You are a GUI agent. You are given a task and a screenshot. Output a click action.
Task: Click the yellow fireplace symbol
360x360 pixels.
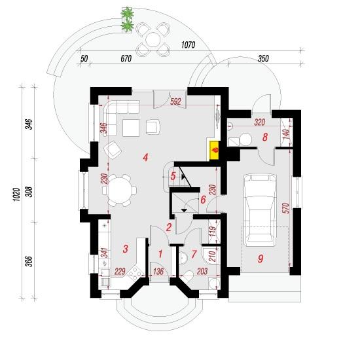pyautogui.click(x=215, y=151)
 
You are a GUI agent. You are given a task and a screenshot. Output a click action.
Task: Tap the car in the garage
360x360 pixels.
pyautogui.click(x=260, y=210)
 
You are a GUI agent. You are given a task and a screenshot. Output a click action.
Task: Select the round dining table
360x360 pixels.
pyautogui.click(x=120, y=190)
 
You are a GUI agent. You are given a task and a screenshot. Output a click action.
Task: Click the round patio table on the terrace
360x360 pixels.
pyautogui.click(x=153, y=39)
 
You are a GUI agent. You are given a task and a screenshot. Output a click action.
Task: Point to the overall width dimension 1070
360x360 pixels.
pyautogui.click(x=189, y=45)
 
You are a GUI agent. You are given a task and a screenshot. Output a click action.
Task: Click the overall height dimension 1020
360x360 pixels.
pyautogui.click(x=16, y=194)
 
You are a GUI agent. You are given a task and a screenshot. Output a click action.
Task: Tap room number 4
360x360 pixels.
pyautogui.click(x=145, y=158)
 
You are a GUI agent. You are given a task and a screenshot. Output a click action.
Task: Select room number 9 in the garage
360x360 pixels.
pyautogui.click(x=261, y=259)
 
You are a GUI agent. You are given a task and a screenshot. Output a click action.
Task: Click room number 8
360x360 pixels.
pyautogui.click(x=265, y=137)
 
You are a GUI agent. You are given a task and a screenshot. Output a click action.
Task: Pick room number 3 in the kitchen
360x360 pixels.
pyautogui.click(x=126, y=249)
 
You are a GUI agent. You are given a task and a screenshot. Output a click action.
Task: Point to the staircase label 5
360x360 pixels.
pyautogui.click(x=173, y=176)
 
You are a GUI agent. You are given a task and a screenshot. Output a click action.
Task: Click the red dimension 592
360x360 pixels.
pyautogui.click(x=175, y=101)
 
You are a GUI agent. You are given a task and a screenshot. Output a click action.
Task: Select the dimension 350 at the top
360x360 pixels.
pyautogui.click(x=263, y=58)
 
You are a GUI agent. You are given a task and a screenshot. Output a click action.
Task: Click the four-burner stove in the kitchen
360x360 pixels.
pyautogui.click(x=135, y=274)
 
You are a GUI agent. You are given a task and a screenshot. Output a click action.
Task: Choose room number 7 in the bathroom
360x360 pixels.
pyautogui.click(x=194, y=254)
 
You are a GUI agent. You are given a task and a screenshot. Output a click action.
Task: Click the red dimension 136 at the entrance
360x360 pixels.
pyautogui.click(x=158, y=271)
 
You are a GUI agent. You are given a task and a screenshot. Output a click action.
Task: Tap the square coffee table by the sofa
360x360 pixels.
pyautogui.click(x=131, y=128)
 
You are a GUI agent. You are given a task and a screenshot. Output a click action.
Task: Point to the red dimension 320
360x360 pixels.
pyautogui.click(x=260, y=122)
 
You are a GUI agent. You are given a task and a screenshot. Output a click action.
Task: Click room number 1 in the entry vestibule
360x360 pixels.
pyautogui.click(x=160, y=254)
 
